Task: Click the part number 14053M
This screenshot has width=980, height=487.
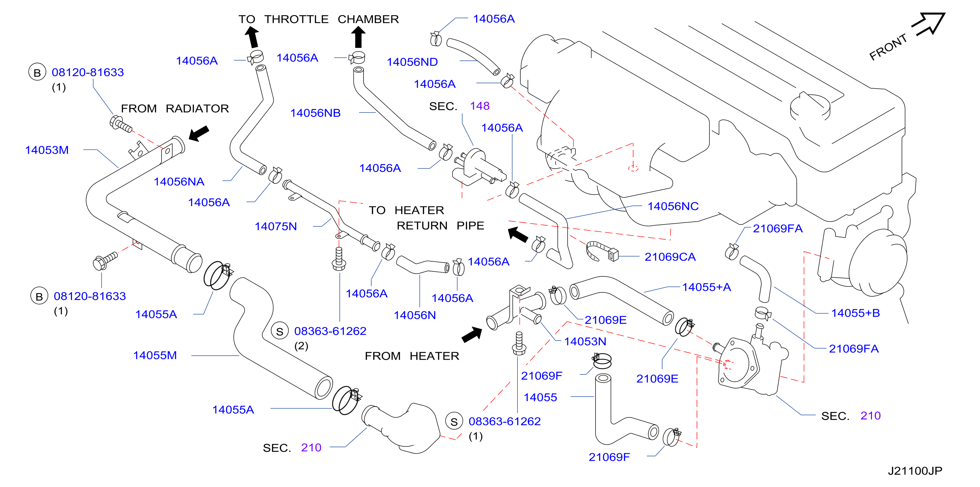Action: point(47,150)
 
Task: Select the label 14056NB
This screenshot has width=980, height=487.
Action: point(316,113)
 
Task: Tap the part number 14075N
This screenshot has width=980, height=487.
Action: point(275,226)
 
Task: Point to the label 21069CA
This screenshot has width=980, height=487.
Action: point(670,257)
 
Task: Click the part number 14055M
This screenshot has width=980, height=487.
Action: point(155,355)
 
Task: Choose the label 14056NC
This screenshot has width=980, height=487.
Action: point(673,206)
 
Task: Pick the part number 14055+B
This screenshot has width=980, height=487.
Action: point(855,313)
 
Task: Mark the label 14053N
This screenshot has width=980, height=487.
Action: point(585,342)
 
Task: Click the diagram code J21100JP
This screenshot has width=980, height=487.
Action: point(915,471)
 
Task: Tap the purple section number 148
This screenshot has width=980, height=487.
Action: point(479,106)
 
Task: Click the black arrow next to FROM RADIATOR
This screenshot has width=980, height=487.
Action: point(199,134)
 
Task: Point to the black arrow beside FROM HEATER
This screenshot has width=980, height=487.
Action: point(472,334)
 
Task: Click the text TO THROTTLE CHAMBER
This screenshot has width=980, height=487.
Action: point(318,19)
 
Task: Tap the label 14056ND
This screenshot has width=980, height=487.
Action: point(412,62)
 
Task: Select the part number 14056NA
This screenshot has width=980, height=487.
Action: point(179,182)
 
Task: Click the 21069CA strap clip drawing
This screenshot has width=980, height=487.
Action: point(602,251)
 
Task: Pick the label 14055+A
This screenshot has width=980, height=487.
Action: point(707,287)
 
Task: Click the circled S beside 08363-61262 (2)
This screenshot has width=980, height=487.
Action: point(280,331)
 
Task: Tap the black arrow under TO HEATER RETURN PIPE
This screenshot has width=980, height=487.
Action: point(518,235)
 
